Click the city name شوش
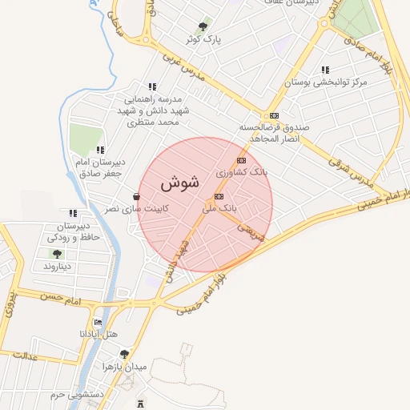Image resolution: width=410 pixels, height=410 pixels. click(179, 183)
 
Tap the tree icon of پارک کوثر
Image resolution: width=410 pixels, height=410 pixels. click(207, 25)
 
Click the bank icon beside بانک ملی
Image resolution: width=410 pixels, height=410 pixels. click(219, 196)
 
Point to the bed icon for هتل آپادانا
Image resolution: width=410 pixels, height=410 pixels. click(98, 322)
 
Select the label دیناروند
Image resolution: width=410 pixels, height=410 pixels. click(58, 265)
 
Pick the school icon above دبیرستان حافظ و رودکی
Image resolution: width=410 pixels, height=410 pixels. click(73, 214)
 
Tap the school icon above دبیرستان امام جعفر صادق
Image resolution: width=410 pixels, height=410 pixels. click(100, 150)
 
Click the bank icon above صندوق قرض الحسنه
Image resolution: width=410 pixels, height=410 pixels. click(275, 116)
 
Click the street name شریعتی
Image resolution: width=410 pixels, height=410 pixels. click(249, 231)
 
